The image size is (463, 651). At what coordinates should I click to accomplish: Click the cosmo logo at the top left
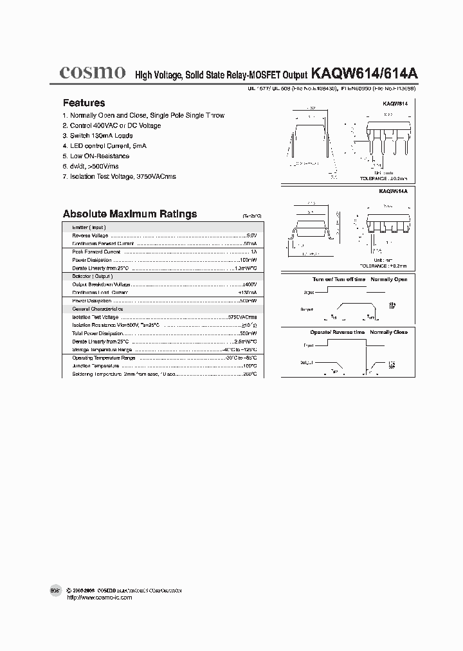[x=92, y=73]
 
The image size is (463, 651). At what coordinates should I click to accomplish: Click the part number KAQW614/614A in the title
[x=364, y=74]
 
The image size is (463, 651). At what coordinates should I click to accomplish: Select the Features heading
[x=84, y=103]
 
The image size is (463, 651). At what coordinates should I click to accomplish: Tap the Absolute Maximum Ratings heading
[x=129, y=214]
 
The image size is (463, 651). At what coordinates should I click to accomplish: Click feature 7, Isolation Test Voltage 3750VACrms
[x=119, y=176]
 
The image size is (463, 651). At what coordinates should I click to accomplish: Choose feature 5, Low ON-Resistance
[x=96, y=156]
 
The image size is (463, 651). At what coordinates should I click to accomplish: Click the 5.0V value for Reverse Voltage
[x=251, y=235]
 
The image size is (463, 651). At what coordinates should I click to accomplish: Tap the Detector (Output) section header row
[x=90, y=276]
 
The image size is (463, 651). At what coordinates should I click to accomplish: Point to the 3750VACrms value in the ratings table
[x=242, y=317]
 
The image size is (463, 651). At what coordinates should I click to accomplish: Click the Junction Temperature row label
[x=95, y=365]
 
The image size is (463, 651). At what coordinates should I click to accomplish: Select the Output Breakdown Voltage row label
[x=101, y=284]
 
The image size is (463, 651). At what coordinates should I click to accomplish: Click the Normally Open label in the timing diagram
[x=389, y=280]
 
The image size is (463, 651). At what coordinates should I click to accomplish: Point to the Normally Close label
[x=388, y=333]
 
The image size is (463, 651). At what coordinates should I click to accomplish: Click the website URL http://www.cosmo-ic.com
[x=100, y=598]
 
